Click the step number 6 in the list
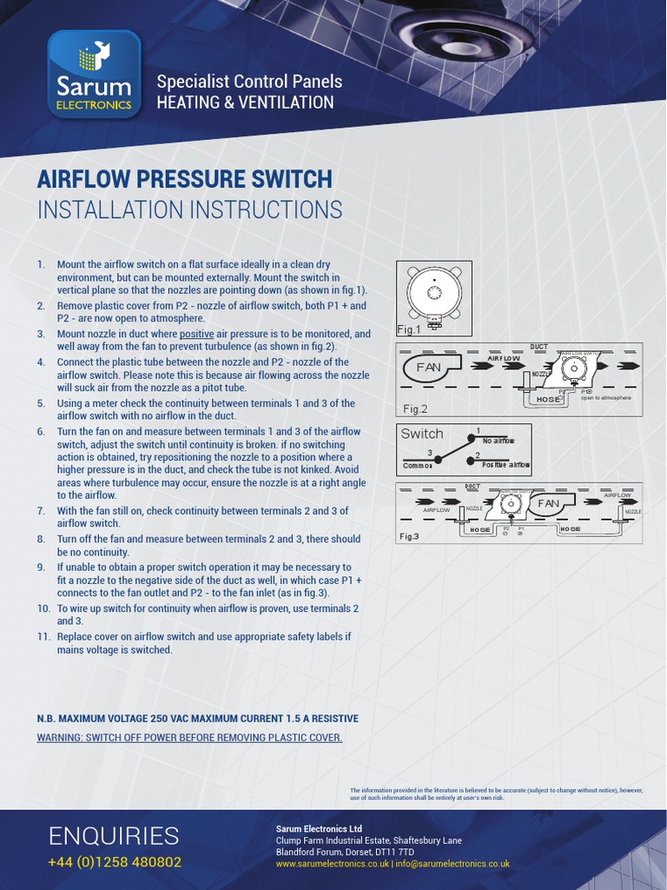pyautogui.click(x=41, y=431)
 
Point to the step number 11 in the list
pyautogui.click(x=43, y=636)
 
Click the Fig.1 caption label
pyautogui.click(x=408, y=329)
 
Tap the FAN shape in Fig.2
pyautogui.click(x=429, y=368)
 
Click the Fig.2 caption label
pyautogui.click(x=415, y=408)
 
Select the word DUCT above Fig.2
pyautogui.click(x=538, y=346)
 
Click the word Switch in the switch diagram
pyautogui.click(x=422, y=434)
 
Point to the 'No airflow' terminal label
pyautogui.click(x=499, y=442)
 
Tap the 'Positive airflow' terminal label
pyautogui.click(x=505, y=466)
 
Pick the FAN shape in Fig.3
pyautogui.click(x=549, y=503)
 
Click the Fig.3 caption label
pyautogui.click(x=409, y=537)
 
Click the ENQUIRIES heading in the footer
pyautogui.click(x=114, y=836)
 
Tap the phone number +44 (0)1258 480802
pyautogui.click(x=114, y=862)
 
